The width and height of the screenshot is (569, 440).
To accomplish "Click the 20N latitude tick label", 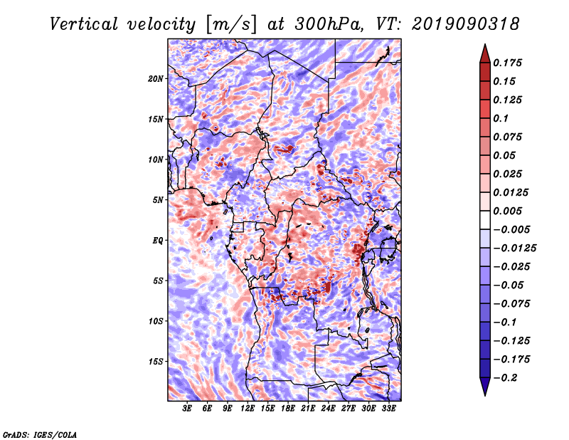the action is point(156,79).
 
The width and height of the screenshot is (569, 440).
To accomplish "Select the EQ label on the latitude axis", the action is point(157,241).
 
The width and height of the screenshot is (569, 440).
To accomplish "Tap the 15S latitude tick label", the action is point(156,362).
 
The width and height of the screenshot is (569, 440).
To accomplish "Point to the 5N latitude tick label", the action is point(158,200).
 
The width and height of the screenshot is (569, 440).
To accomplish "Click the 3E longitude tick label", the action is point(187,409).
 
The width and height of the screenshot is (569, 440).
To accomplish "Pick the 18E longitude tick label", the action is point(288,409).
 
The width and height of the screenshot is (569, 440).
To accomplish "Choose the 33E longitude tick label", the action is point(388,409).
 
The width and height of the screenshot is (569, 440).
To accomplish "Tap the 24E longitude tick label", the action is point(328,409).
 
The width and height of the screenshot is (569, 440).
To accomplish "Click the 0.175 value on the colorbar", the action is point(507,63).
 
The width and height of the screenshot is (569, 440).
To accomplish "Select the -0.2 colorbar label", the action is point(506,378).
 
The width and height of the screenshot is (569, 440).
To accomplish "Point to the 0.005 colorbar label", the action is point(507,211).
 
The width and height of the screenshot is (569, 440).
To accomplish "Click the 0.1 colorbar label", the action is point(501,118).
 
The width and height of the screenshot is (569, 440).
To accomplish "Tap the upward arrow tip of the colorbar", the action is point(485,44).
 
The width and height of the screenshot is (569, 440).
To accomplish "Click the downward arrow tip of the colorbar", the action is point(485,395).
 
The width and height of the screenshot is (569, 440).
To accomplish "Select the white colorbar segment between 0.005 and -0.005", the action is point(485,220).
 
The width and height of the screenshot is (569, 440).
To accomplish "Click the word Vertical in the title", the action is point(84,24).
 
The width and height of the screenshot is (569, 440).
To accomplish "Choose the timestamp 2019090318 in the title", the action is point(465,24).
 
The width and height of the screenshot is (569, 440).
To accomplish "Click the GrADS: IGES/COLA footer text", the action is point(40,434).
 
